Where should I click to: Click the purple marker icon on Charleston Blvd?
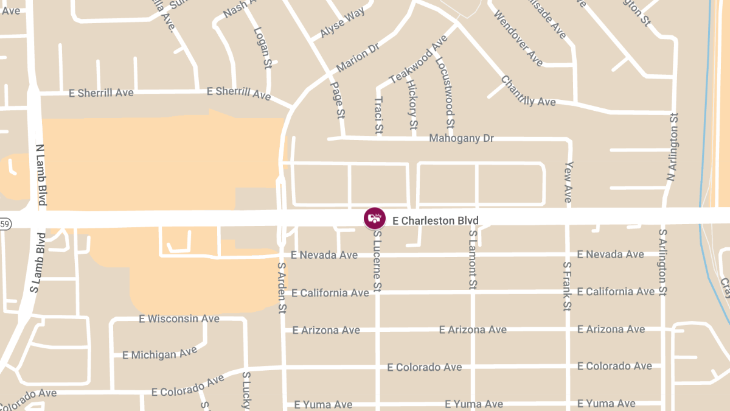[x=375, y=218]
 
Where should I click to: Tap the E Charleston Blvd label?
[x=436, y=220]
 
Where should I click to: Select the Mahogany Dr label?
[x=461, y=138]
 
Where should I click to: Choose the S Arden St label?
[x=282, y=288]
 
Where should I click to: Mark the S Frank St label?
[x=567, y=286]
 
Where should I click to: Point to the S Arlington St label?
[x=663, y=262]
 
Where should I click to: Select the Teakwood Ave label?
[x=419, y=59]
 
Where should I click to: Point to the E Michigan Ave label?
[x=159, y=353]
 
